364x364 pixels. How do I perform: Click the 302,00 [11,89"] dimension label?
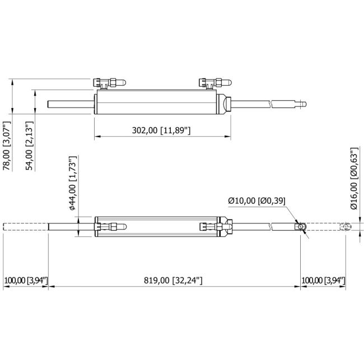(161, 130)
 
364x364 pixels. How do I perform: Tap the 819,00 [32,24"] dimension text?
(173, 280)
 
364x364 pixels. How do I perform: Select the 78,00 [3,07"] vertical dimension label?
(7, 146)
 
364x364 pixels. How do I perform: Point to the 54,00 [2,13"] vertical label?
(30, 146)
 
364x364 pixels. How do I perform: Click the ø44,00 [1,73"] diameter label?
(73, 183)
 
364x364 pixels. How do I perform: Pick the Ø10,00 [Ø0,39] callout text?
(256, 200)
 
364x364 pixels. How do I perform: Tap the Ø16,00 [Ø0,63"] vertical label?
(354, 178)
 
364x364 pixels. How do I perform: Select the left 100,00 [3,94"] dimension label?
(26, 281)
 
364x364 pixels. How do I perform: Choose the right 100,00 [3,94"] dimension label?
(323, 281)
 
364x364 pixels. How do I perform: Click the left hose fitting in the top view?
(109, 83)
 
